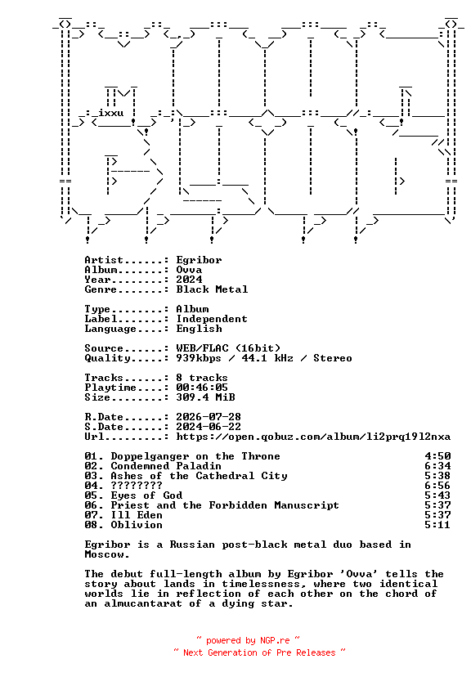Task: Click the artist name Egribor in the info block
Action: point(199,260)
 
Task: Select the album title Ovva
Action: point(189,270)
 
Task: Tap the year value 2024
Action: point(189,280)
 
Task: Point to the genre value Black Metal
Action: point(212,289)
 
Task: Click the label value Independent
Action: point(212,319)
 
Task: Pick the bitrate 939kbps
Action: point(199,358)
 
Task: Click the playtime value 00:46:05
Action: point(202,388)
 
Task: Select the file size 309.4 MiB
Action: point(205,397)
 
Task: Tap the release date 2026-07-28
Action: point(209,417)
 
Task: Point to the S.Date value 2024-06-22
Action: point(209,427)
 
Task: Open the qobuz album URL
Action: point(313,437)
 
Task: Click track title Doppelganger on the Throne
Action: point(195,456)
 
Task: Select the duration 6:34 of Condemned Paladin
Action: point(437,466)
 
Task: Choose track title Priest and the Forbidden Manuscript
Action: point(225,505)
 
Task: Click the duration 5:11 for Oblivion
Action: point(437,525)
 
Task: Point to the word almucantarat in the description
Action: point(143,603)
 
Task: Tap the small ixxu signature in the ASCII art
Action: point(111,114)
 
